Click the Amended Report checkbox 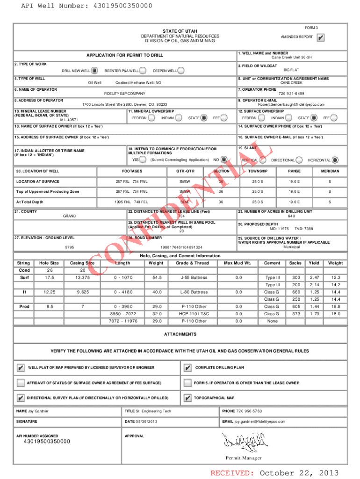click(x=321, y=38)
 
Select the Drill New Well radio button click(x=94, y=71)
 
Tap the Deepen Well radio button click(x=180, y=71)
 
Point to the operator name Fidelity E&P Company click(x=124, y=94)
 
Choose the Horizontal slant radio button click(x=335, y=160)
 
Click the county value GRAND click(x=69, y=217)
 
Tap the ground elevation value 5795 click(x=69, y=247)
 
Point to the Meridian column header click(x=330, y=171)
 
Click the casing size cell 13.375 click(x=83, y=278)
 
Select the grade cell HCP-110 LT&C click(x=194, y=314)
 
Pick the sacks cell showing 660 click(x=296, y=292)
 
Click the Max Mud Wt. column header click(x=238, y=263)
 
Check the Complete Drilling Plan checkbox click(x=187, y=368)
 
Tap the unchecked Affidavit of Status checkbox click(x=20, y=383)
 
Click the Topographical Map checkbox click(x=187, y=398)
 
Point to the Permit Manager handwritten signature click(x=243, y=441)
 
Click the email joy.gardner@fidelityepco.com click(x=259, y=421)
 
